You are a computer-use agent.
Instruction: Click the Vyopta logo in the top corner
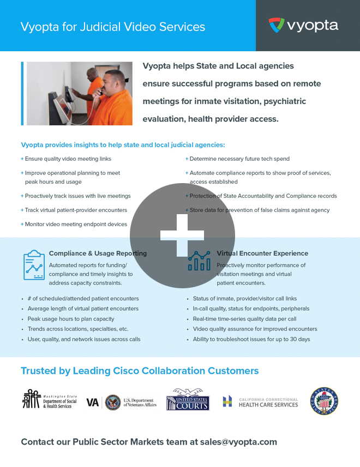coord(303,25)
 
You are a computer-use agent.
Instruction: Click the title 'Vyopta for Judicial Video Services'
coord(113,27)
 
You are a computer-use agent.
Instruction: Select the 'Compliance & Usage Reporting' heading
coord(98,253)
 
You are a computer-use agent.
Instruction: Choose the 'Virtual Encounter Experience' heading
coord(262,253)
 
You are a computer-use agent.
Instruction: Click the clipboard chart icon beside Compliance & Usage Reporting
coord(34,264)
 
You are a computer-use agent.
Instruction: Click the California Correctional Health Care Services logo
coord(260,402)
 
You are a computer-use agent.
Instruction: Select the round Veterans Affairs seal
coord(113,402)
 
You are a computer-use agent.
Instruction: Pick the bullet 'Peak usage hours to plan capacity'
coord(71,319)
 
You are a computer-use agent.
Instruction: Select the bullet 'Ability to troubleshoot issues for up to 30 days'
coord(251,339)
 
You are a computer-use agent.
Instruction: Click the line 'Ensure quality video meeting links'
coord(68,159)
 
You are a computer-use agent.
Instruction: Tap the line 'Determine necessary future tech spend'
coord(239,159)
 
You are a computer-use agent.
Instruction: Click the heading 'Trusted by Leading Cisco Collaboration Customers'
coord(140,371)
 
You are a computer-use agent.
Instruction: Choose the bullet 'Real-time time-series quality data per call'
coord(244,319)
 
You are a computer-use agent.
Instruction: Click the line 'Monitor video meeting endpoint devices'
coord(76,224)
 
